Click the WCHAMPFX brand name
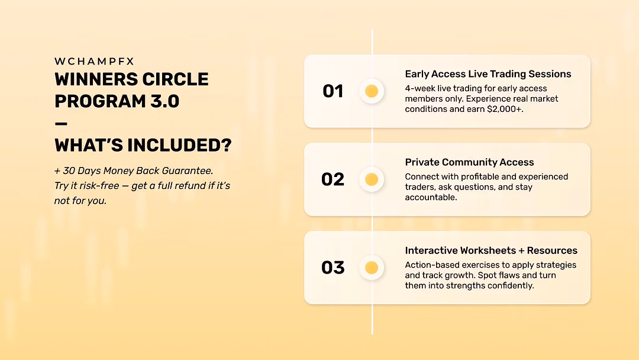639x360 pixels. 94,61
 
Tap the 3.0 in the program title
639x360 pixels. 164,101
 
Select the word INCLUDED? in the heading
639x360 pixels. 179,145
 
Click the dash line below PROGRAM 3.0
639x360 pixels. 61,124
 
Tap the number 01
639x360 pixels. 333,91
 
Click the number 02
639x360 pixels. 333,179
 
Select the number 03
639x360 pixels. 333,268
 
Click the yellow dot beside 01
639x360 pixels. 372,91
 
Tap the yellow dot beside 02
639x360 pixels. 372,179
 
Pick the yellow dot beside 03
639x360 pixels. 372,268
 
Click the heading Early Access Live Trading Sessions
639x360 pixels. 488,74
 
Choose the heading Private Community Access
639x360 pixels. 469,162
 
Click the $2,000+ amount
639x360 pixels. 505,110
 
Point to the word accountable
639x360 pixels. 431,197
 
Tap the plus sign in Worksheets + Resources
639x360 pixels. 521,250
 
